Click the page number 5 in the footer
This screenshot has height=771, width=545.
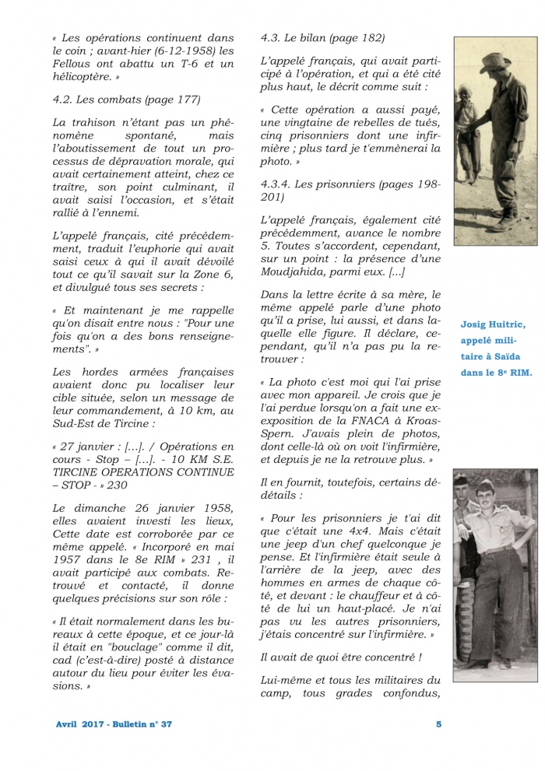pyautogui.click(x=438, y=724)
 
